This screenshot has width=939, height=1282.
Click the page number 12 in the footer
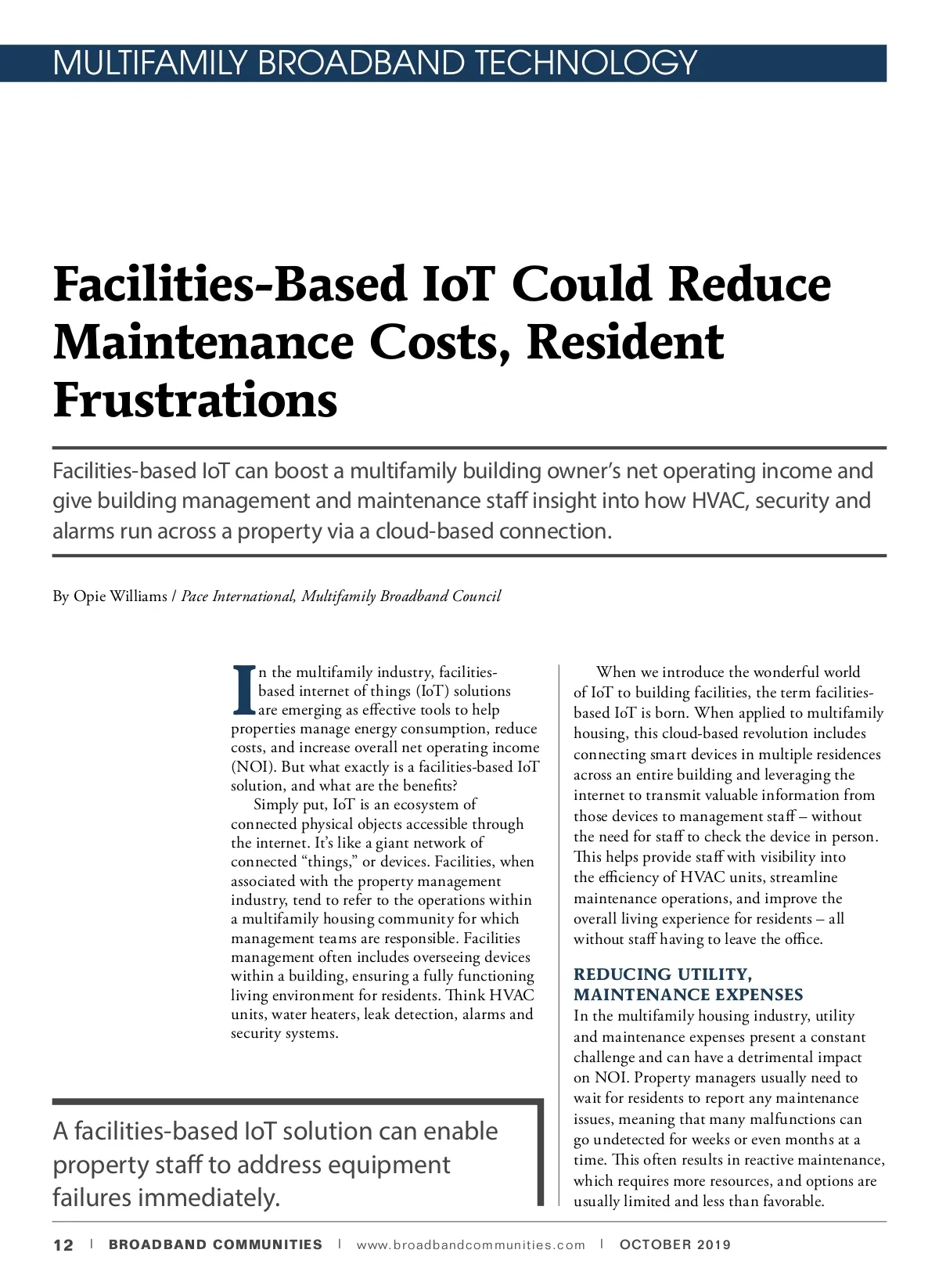(x=63, y=1245)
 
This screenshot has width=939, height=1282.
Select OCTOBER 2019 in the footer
(x=675, y=1244)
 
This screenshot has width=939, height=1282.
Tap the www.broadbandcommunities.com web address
(x=470, y=1245)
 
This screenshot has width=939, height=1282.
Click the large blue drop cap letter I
(x=243, y=690)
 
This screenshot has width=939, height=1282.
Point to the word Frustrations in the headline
(x=195, y=400)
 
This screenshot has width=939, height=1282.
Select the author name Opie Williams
(x=121, y=596)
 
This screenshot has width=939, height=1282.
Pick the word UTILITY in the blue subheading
(x=714, y=974)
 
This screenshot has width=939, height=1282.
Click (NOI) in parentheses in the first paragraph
(x=253, y=767)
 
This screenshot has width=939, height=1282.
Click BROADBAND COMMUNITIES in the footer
(x=215, y=1245)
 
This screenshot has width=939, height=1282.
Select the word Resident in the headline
(x=625, y=342)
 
